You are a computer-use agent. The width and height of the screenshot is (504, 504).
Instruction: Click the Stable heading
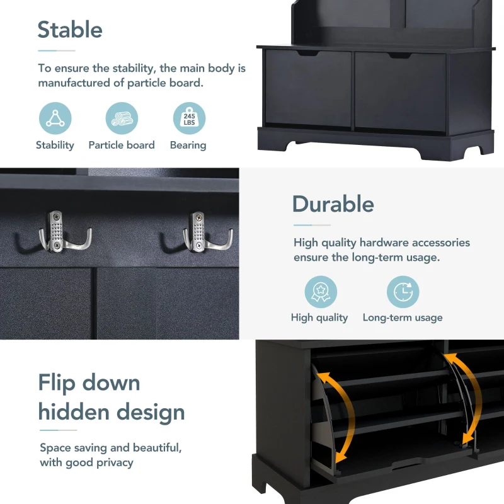[70, 30]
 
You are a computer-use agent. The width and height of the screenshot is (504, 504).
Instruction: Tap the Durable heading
[333, 203]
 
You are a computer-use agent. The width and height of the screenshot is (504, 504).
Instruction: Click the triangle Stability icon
[55, 118]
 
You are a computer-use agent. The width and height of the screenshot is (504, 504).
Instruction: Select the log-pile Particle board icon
[122, 118]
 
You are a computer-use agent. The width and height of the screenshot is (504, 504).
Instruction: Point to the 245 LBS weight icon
[190, 118]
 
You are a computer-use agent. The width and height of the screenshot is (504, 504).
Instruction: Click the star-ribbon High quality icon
[321, 292]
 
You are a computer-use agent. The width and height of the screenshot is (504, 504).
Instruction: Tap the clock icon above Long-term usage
[403, 292]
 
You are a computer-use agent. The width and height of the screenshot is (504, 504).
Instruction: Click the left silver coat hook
[64, 232]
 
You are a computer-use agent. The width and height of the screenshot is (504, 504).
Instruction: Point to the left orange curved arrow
[341, 418]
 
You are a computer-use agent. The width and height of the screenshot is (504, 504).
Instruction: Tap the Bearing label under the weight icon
[188, 146]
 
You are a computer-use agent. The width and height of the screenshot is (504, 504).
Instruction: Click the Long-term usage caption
[403, 318]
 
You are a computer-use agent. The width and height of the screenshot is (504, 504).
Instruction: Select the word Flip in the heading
[57, 383]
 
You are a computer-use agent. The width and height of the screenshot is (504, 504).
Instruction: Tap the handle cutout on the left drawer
[307, 53]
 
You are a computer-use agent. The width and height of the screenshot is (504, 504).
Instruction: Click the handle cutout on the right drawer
[400, 55]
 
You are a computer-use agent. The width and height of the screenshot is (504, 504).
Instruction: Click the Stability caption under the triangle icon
[55, 146]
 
